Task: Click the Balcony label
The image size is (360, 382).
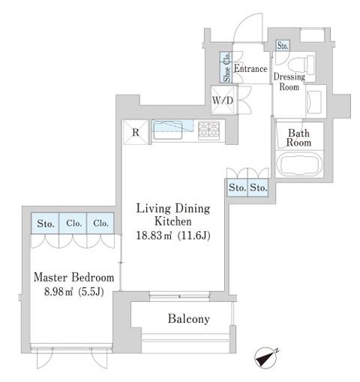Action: [189, 319]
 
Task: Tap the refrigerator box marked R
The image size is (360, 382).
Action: [136, 132]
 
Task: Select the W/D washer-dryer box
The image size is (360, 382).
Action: [223, 100]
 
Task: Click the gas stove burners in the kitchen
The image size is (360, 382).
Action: [209, 130]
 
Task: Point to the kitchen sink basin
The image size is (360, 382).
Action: [167, 130]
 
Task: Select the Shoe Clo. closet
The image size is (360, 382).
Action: [226, 67]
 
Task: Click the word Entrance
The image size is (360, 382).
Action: [250, 68]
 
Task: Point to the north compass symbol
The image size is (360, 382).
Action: [266, 357]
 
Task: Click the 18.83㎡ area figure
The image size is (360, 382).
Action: [154, 236]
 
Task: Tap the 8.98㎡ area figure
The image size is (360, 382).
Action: [58, 292]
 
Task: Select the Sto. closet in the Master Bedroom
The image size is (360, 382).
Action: [45, 223]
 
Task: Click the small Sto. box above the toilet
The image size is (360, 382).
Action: [283, 46]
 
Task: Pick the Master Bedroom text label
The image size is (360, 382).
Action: [74, 278]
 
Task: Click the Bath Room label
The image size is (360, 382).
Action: [298, 138]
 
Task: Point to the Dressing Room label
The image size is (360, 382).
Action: [289, 82]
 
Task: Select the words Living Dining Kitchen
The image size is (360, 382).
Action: [173, 215]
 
